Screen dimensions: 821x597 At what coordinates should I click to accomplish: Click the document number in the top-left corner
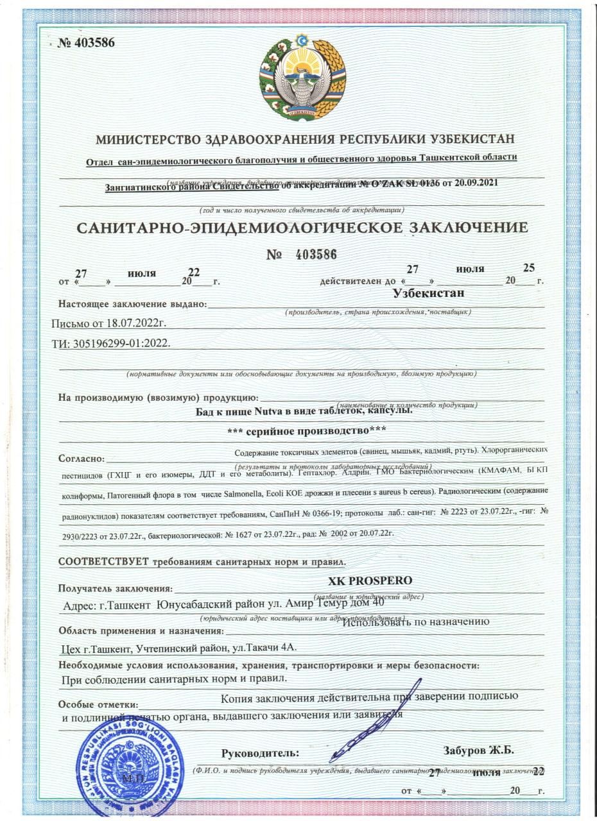pyautogui.click(x=86, y=43)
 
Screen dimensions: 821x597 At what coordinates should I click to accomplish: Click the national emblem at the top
pyautogui.click(x=302, y=78)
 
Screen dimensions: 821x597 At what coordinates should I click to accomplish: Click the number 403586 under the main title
pyautogui.click(x=316, y=255)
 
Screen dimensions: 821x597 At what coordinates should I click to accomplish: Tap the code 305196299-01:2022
pyautogui.click(x=122, y=343)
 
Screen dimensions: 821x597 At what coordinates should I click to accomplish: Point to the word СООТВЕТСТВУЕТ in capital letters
pyautogui.click(x=103, y=562)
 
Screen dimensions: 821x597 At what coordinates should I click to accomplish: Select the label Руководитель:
pyautogui.click(x=260, y=752)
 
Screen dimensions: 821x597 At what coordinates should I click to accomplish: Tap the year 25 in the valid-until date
pyautogui.click(x=530, y=267)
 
